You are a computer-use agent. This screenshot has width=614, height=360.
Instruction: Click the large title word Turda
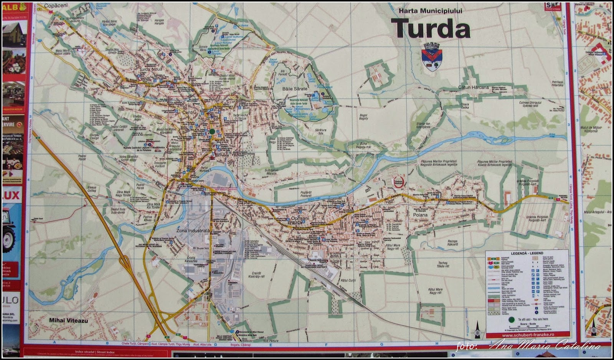tap(431, 28)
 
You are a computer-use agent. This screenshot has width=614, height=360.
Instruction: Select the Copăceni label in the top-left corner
tap(56, 6)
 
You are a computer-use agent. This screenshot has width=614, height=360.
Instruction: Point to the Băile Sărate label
tap(295, 89)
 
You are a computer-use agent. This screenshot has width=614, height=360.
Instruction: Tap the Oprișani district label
tap(300, 218)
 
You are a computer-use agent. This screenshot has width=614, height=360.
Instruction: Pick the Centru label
tap(189, 112)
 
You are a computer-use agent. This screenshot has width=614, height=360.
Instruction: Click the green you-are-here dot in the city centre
tap(212, 131)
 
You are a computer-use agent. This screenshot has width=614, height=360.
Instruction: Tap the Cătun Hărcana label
tap(473, 87)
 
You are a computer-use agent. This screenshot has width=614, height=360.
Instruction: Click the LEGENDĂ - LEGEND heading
tap(527, 253)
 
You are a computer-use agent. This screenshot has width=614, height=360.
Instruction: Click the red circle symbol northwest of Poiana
tap(399, 182)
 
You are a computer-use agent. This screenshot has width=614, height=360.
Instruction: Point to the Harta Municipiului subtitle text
tap(430, 11)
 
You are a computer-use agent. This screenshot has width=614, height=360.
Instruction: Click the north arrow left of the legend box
tap(477, 329)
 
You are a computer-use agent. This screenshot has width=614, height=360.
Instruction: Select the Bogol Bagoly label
tap(363, 117)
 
